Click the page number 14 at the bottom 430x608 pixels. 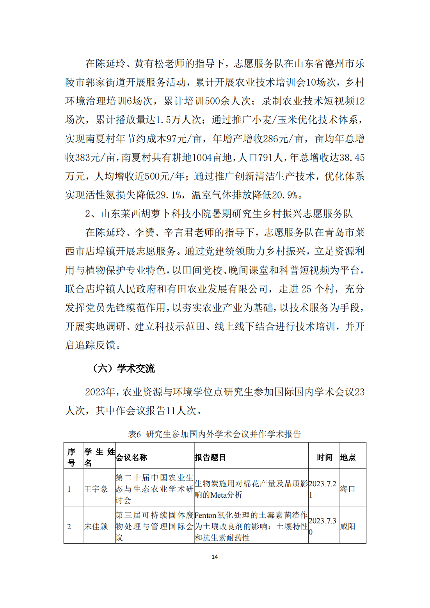(215, 557)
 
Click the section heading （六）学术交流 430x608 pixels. (124, 369)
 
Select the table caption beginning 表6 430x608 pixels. (215, 434)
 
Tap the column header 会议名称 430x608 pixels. (131, 457)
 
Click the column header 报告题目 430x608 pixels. (210, 457)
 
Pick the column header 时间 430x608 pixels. (324, 457)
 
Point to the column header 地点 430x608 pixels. (348, 457)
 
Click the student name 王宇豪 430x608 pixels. (96, 489)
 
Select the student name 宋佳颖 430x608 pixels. (96, 526)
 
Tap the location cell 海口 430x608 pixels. (347, 489)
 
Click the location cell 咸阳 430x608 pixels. (347, 526)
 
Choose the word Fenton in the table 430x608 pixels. (205, 515)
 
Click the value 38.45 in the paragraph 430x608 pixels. (352, 158)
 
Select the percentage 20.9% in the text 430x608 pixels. (284, 195)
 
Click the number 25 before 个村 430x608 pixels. (306, 289)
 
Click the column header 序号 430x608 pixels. (71, 457)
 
